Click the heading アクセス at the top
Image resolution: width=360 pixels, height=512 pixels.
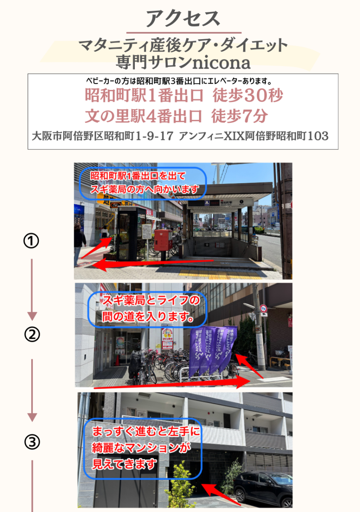pos(183,19)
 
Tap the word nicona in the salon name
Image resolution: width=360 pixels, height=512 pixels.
pos(221,63)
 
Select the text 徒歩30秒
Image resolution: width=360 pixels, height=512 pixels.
pos(248,95)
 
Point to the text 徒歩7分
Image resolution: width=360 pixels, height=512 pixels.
pos(240,116)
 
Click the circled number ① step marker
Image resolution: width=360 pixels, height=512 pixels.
pos(31,241)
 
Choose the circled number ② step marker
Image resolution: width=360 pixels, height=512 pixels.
pos(32,335)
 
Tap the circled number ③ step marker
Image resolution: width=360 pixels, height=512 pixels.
pos(32,442)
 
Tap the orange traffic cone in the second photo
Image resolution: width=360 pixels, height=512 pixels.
pos(117,360)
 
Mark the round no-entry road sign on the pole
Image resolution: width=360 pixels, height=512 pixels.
pos(264,308)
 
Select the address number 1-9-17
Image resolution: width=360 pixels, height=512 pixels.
pos(154,136)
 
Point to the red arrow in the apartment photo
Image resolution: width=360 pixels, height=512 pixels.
pos(221,493)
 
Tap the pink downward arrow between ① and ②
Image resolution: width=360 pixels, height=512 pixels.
pos(32,290)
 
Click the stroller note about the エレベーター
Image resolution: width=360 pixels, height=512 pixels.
pos(179,81)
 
